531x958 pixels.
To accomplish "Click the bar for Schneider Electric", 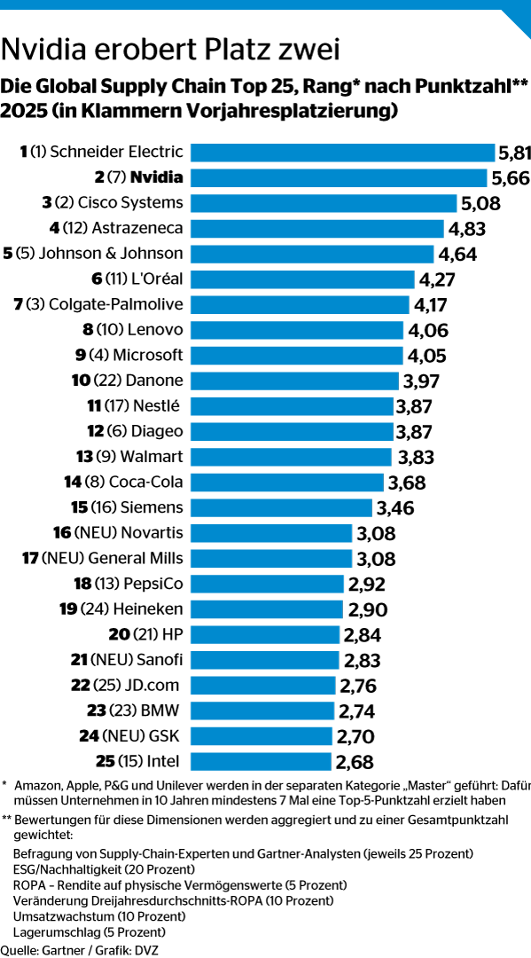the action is pos(342,153).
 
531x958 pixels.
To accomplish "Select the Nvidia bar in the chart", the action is pos(339,177).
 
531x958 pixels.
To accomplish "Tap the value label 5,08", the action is pos(480,203).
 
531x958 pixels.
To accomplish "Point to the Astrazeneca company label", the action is pos(138,229).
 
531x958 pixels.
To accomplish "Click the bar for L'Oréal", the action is pos(302,279).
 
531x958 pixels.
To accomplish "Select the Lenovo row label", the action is pos(156,330).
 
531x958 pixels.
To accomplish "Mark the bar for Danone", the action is pos(295,381).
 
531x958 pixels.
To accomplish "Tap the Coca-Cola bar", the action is pos(287,482).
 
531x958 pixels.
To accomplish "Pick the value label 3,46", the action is pos(395,507).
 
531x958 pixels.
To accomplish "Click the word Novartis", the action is pos(152,533).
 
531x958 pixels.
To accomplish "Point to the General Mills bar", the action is pos(271,559).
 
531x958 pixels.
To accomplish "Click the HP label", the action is pos(173,635).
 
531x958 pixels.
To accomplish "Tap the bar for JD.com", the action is pos(263,686).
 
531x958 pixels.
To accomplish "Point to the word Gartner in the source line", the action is pos(54,950).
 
